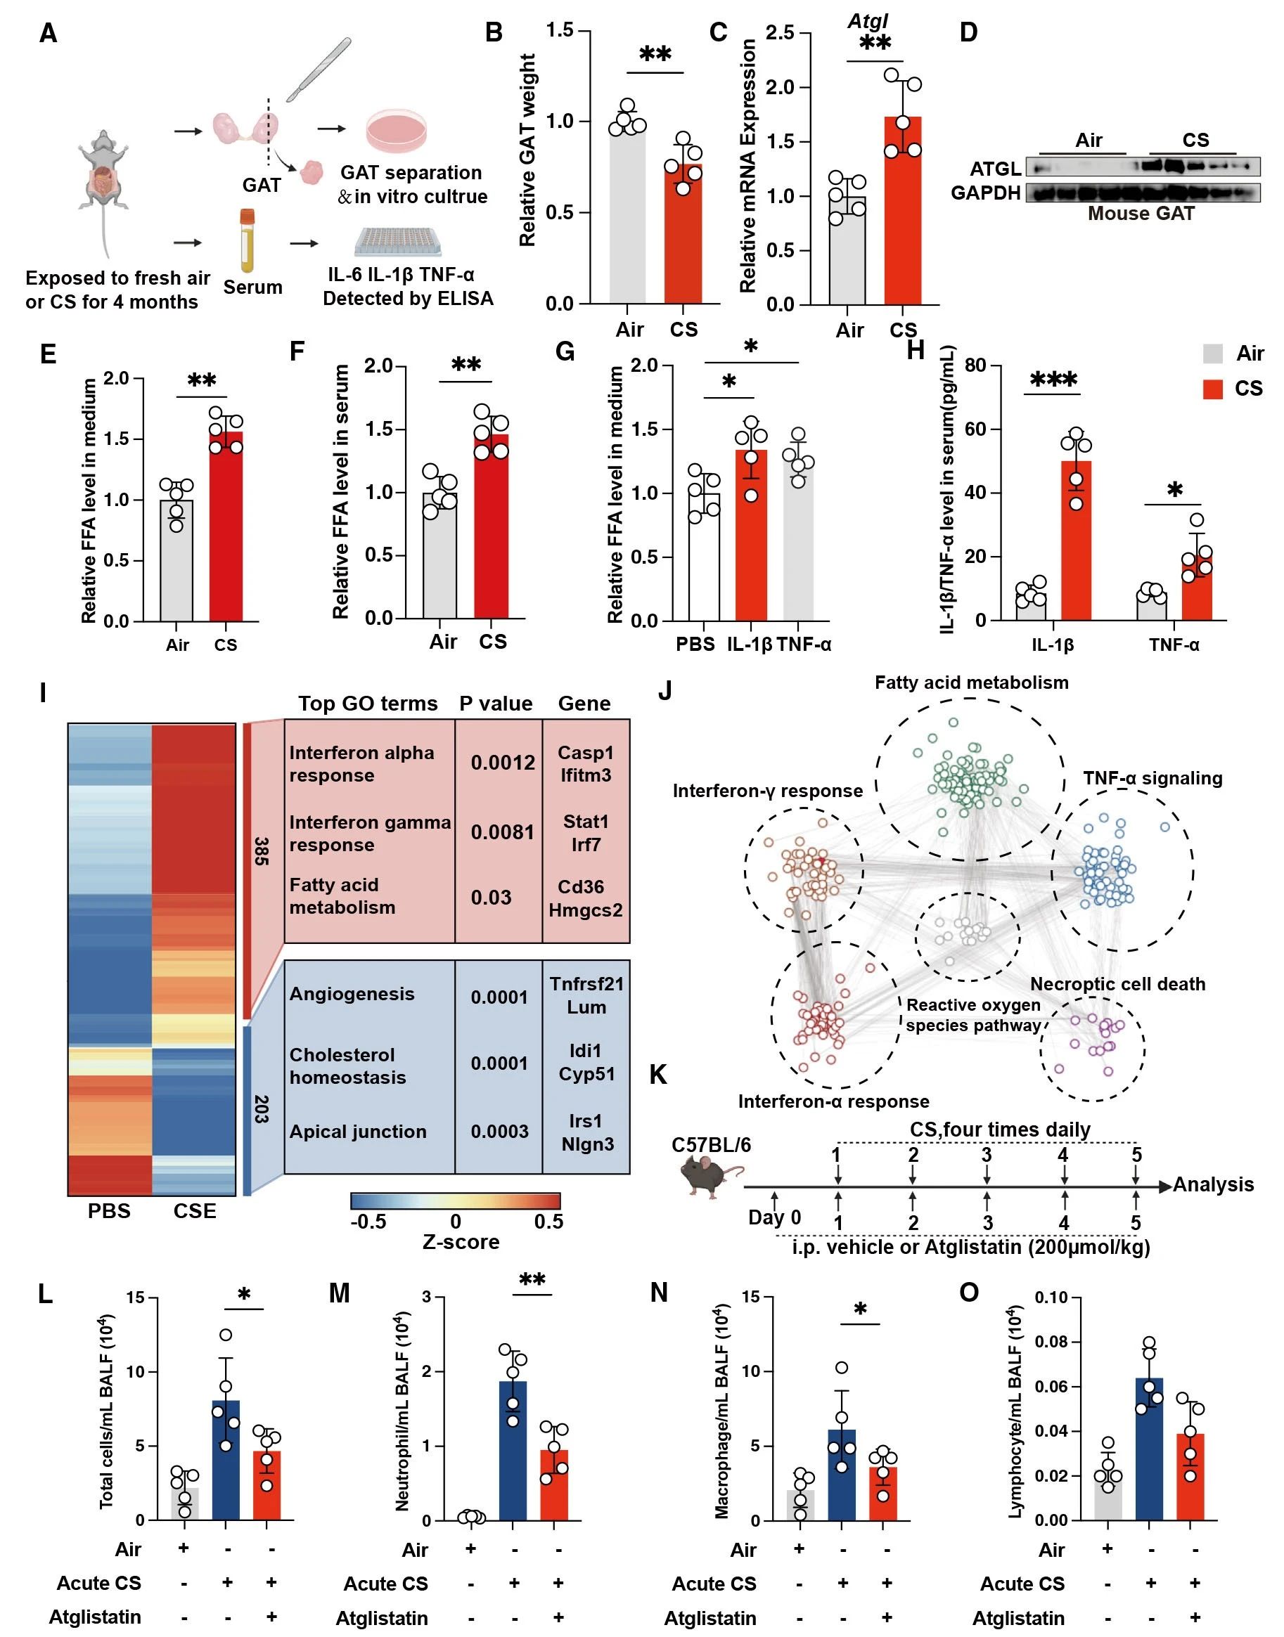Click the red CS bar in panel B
pyautogui.click(x=683, y=240)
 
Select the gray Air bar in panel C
pyautogui.click(x=847, y=255)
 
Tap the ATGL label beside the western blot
pyautogui.click(x=994, y=168)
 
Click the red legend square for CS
pyautogui.click(x=1212, y=389)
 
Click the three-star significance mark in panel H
pyautogui.click(x=1053, y=380)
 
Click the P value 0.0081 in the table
pyautogui.click(x=502, y=832)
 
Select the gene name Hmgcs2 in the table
pyautogui.click(x=586, y=910)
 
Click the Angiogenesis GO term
pyautogui.click(x=352, y=994)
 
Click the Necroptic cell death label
pyautogui.click(x=1117, y=984)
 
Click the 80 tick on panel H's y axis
pyautogui.click(x=975, y=366)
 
